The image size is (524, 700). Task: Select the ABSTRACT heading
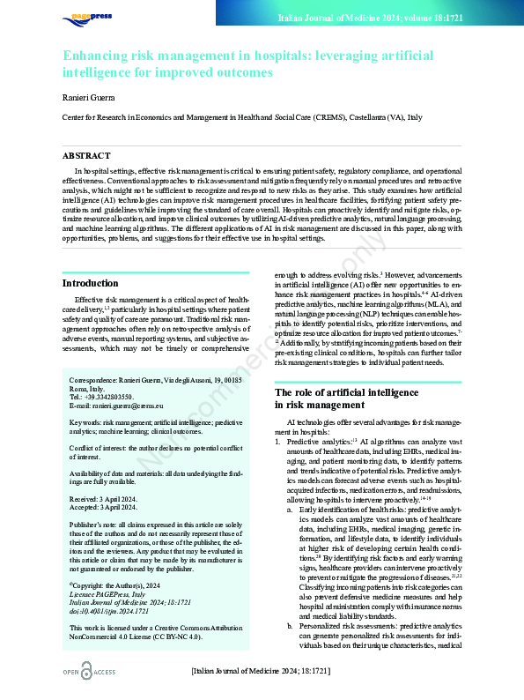pyautogui.click(x=86, y=154)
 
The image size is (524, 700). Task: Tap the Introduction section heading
pyautogui.click(x=91, y=283)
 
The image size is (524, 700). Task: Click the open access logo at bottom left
pyautogui.click(x=90, y=673)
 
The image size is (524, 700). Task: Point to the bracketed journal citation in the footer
pyautogui.click(x=260, y=672)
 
